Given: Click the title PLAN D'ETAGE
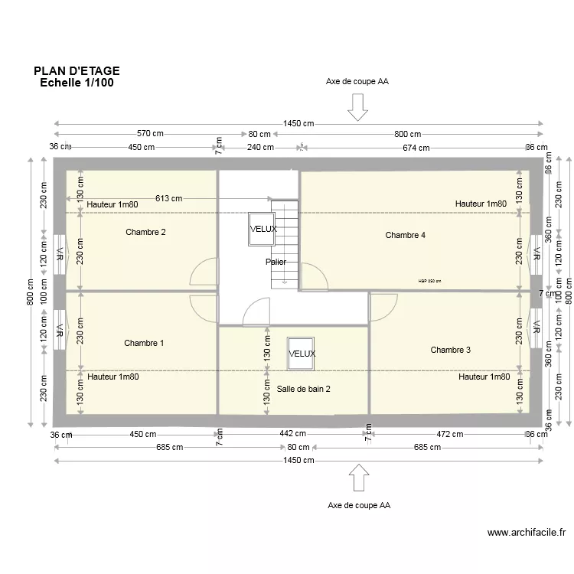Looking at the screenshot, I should coord(77,71).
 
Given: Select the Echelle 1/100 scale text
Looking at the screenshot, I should coord(77,83).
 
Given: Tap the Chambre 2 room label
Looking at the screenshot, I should coord(145,232).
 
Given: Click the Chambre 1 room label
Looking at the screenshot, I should coord(144,344).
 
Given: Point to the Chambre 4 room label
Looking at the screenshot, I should coord(406,235).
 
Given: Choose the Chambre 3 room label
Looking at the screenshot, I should coord(450,350).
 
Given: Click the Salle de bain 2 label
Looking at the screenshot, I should coord(304,389).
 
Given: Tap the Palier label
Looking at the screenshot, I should coord(276,262).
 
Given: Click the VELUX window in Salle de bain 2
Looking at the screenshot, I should coord(302,354).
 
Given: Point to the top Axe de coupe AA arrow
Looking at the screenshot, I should coord(357,107).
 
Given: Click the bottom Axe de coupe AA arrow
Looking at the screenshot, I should coord(357,478).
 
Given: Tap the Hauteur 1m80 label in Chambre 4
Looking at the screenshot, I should coord(481,204).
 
